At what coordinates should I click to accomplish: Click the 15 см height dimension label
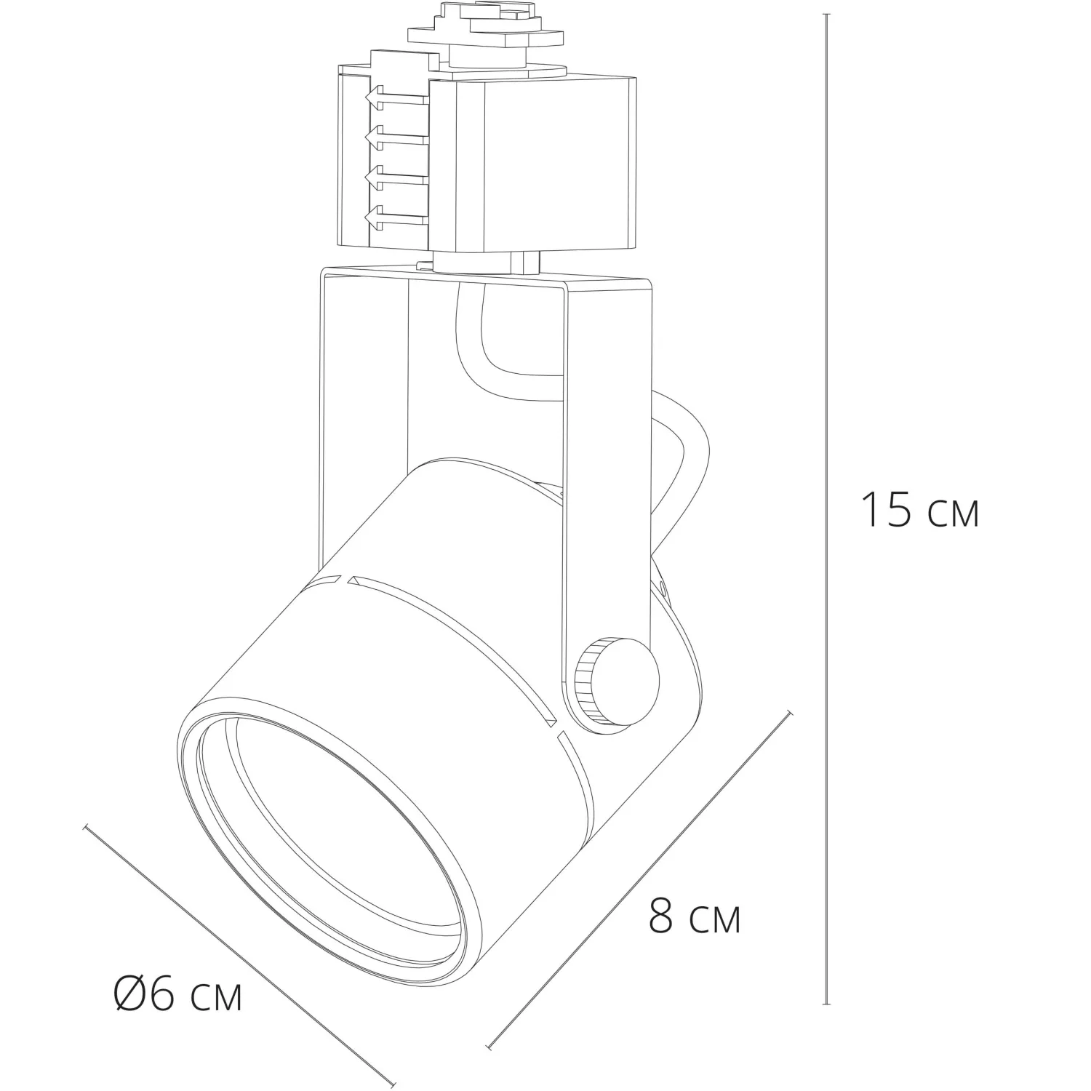pos(920,509)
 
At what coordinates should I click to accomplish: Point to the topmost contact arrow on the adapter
pos(396,96)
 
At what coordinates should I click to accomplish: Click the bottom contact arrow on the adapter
pos(396,215)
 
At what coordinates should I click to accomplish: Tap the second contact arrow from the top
pos(396,135)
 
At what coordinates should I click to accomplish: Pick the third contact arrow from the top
pos(396,175)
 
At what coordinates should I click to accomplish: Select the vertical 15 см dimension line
pos(827,508)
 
